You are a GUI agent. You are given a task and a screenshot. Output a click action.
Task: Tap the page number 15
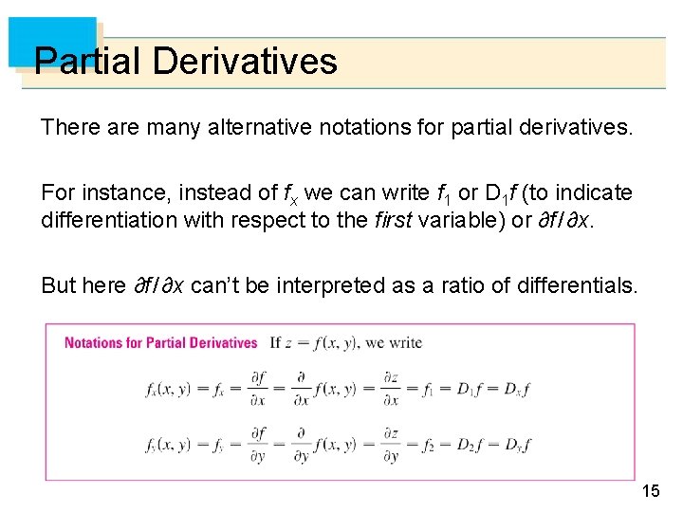651,490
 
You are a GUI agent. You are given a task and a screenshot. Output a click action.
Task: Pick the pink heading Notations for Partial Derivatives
161,342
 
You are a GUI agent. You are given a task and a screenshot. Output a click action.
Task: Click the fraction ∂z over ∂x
390,389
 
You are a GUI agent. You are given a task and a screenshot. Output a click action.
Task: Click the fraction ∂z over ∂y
390,443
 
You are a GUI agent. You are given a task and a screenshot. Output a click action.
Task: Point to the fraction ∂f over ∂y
258,443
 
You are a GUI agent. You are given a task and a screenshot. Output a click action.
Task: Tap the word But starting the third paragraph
57,285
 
